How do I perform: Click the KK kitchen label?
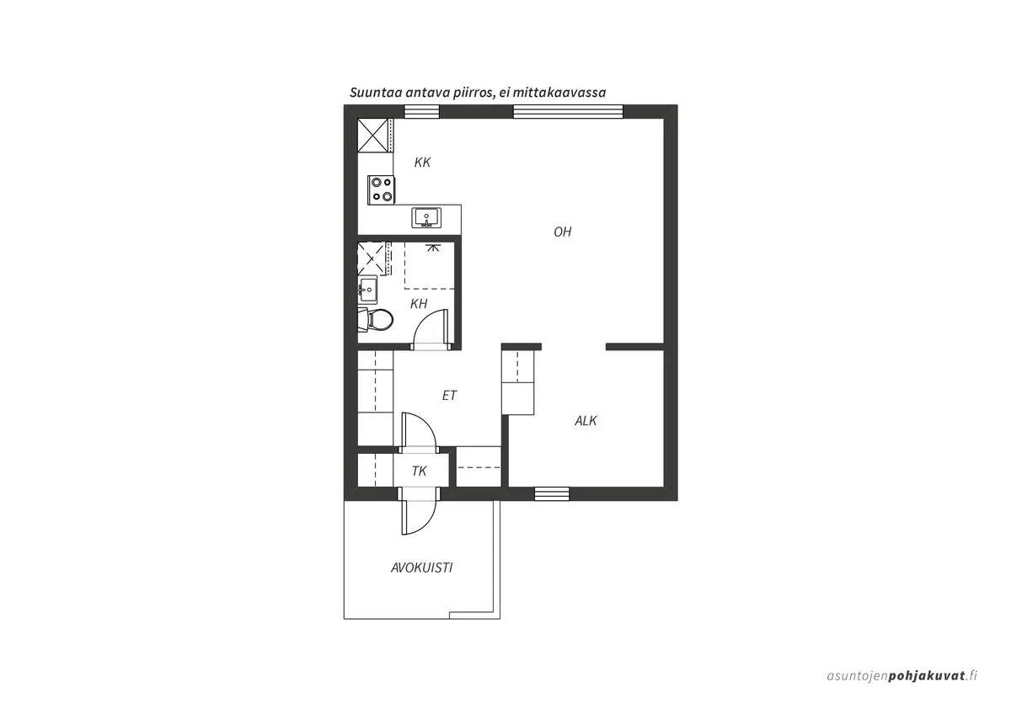(422, 163)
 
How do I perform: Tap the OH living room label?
(563, 232)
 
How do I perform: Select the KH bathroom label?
(419, 304)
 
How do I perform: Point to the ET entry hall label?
(450, 396)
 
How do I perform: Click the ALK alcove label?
(586, 421)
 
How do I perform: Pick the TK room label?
(420, 472)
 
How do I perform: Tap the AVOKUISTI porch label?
(421, 567)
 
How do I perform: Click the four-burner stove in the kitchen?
(382, 190)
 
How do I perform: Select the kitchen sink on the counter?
(426, 217)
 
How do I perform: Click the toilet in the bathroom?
(376, 320)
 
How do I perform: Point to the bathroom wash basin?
(368, 290)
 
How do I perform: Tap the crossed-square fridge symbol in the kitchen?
(372, 135)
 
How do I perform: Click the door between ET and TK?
(419, 432)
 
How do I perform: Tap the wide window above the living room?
(568, 111)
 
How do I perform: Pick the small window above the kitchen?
(421, 111)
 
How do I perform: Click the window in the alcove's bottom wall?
(552, 494)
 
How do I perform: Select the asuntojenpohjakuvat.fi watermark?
(902, 688)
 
